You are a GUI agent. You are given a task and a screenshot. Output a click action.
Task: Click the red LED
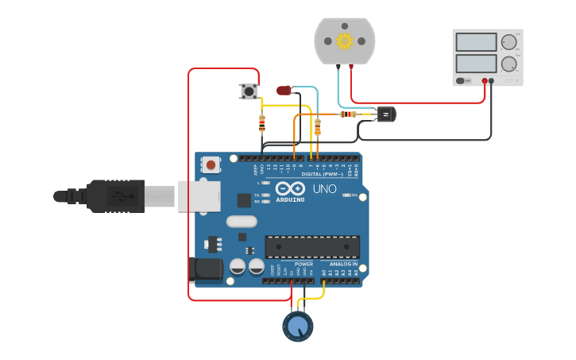(284, 91)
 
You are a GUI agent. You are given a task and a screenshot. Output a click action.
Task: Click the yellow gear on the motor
(344, 41)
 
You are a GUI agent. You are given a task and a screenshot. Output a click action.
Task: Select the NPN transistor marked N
(385, 114)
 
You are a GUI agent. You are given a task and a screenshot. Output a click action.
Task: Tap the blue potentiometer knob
(298, 326)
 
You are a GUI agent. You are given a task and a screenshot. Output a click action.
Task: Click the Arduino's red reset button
(211, 165)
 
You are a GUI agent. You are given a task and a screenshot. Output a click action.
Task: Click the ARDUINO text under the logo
(290, 199)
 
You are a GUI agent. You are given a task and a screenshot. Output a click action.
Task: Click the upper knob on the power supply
(508, 42)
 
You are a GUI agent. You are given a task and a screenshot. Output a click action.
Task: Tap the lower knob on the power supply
(508, 64)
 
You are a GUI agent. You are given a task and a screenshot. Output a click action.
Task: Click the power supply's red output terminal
(484, 81)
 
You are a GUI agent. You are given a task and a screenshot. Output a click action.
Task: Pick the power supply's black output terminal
(492, 81)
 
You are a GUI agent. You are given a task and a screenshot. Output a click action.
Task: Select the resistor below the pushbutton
(262, 122)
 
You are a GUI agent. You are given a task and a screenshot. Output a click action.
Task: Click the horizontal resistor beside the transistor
(348, 114)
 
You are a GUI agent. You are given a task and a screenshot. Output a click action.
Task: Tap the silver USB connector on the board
(199, 195)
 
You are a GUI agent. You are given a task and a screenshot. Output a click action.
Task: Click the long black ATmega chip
(312, 246)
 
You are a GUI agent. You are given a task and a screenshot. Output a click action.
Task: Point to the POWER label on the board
(303, 264)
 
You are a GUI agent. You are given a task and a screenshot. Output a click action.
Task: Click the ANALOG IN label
(344, 264)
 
